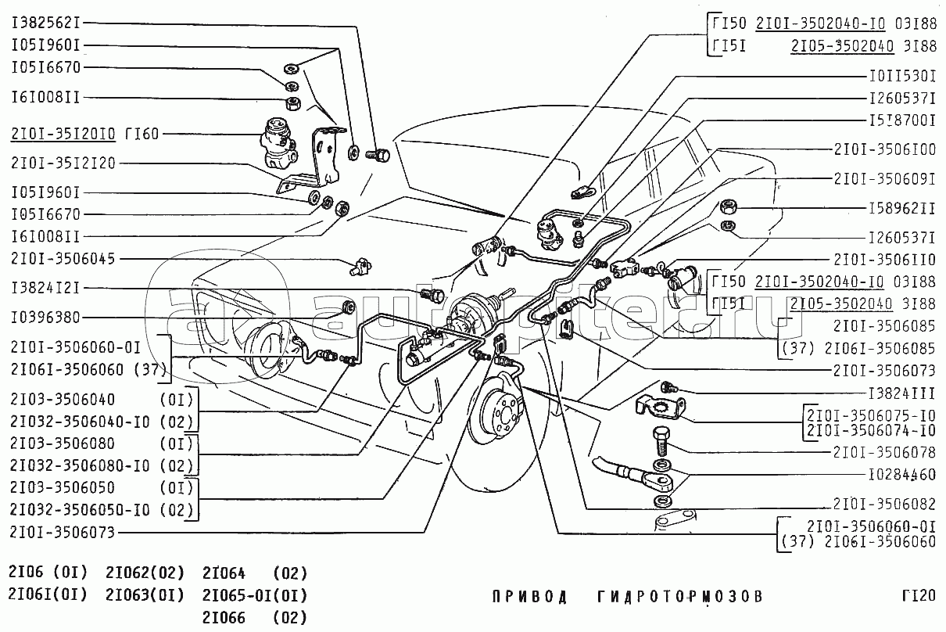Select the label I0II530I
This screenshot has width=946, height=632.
pos(902,77)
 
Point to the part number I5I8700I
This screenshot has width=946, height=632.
pos(902,121)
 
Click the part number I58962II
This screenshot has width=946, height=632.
pos(902,210)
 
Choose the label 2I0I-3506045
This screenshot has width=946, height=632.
pos(63,258)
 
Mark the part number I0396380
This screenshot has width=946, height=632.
pos(45,318)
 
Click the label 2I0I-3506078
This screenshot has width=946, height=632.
pos(884,451)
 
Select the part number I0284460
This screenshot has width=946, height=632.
pos(902,475)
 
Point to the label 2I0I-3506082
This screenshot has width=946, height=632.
pos(884,504)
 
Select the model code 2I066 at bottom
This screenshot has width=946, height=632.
pos(224,618)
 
